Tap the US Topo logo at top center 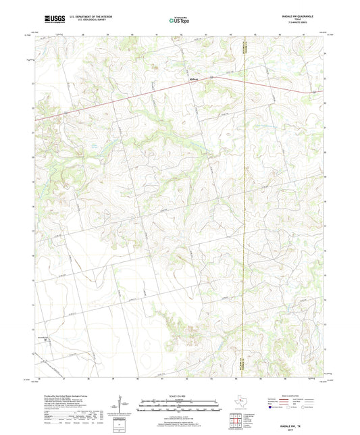pos(179,20)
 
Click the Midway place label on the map pos(194,78)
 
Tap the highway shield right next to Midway pos(211,78)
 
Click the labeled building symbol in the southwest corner pos(44,340)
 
